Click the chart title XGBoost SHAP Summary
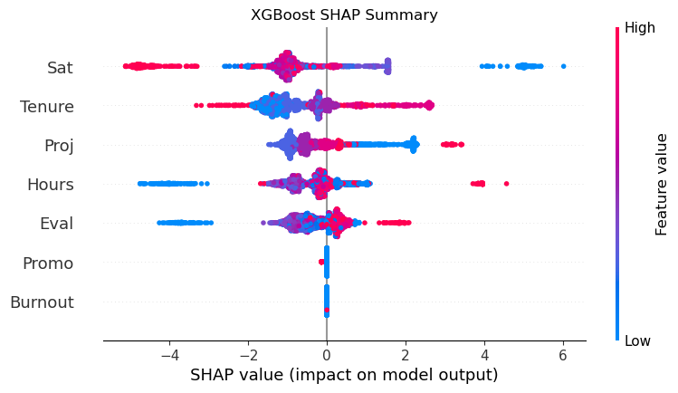coord(344,14)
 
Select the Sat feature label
coord(60,67)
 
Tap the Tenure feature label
coord(47,107)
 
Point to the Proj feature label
coord(59,146)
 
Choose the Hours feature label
coord(51,185)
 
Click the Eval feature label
coord(56,224)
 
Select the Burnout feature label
coord(42,302)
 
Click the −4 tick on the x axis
coord(168,354)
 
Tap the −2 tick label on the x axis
coord(247,354)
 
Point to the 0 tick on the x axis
coord(327,354)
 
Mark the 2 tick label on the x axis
coord(406,354)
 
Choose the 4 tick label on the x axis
coord(484,354)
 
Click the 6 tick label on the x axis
coord(563,354)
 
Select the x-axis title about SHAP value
coord(344,375)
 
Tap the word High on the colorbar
coord(640,29)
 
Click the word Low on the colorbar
coord(638,340)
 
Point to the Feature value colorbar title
coord(662,184)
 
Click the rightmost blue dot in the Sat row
coord(563,66)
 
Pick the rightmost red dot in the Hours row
coord(506,184)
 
